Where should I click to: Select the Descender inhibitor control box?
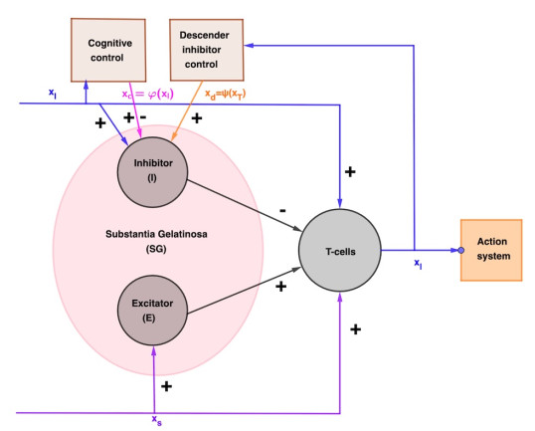[x=207, y=50]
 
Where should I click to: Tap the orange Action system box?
[x=491, y=249]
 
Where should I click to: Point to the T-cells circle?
[x=340, y=250]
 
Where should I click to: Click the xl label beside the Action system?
[x=418, y=264]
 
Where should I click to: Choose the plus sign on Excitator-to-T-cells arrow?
[x=280, y=287]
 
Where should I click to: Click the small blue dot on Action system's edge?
[x=460, y=250]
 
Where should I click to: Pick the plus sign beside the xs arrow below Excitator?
[x=166, y=385]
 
